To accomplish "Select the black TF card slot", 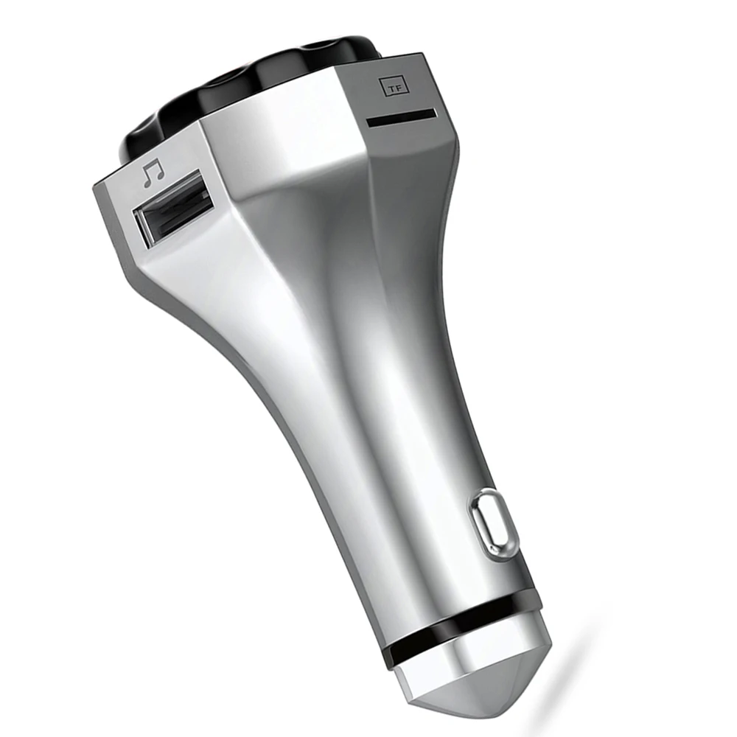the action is click(402, 116).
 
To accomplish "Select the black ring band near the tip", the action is click(465, 625).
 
